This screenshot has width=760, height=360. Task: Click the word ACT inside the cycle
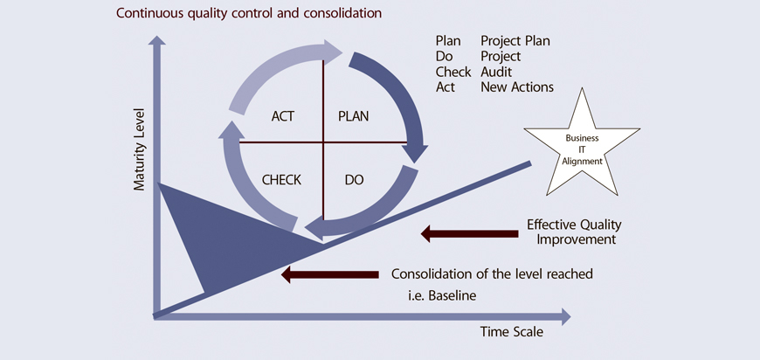tap(282, 117)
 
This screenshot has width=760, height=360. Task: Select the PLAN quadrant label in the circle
tap(353, 117)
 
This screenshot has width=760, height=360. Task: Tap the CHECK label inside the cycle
tap(281, 180)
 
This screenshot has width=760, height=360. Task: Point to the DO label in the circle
tap(355, 180)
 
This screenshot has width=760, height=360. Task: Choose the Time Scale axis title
tap(512, 332)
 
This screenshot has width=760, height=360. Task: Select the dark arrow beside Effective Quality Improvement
tap(469, 234)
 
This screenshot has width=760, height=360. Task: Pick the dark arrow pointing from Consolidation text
tap(329, 274)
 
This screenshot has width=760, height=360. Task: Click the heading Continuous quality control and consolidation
tap(249, 12)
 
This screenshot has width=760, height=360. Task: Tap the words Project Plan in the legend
tap(515, 41)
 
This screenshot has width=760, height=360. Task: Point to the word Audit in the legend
tap(496, 72)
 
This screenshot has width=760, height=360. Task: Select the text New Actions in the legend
tap(517, 87)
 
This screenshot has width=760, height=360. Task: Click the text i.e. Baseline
tap(442, 295)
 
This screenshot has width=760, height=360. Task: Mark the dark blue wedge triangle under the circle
tap(218, 232)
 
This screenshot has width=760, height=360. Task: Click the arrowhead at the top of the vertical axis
tap(156, 40)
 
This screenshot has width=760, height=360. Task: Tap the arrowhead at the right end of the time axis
tap(566, 317)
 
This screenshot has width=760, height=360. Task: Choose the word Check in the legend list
tap(453, 72)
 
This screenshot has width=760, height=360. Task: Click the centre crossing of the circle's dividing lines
tap(323, 142)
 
